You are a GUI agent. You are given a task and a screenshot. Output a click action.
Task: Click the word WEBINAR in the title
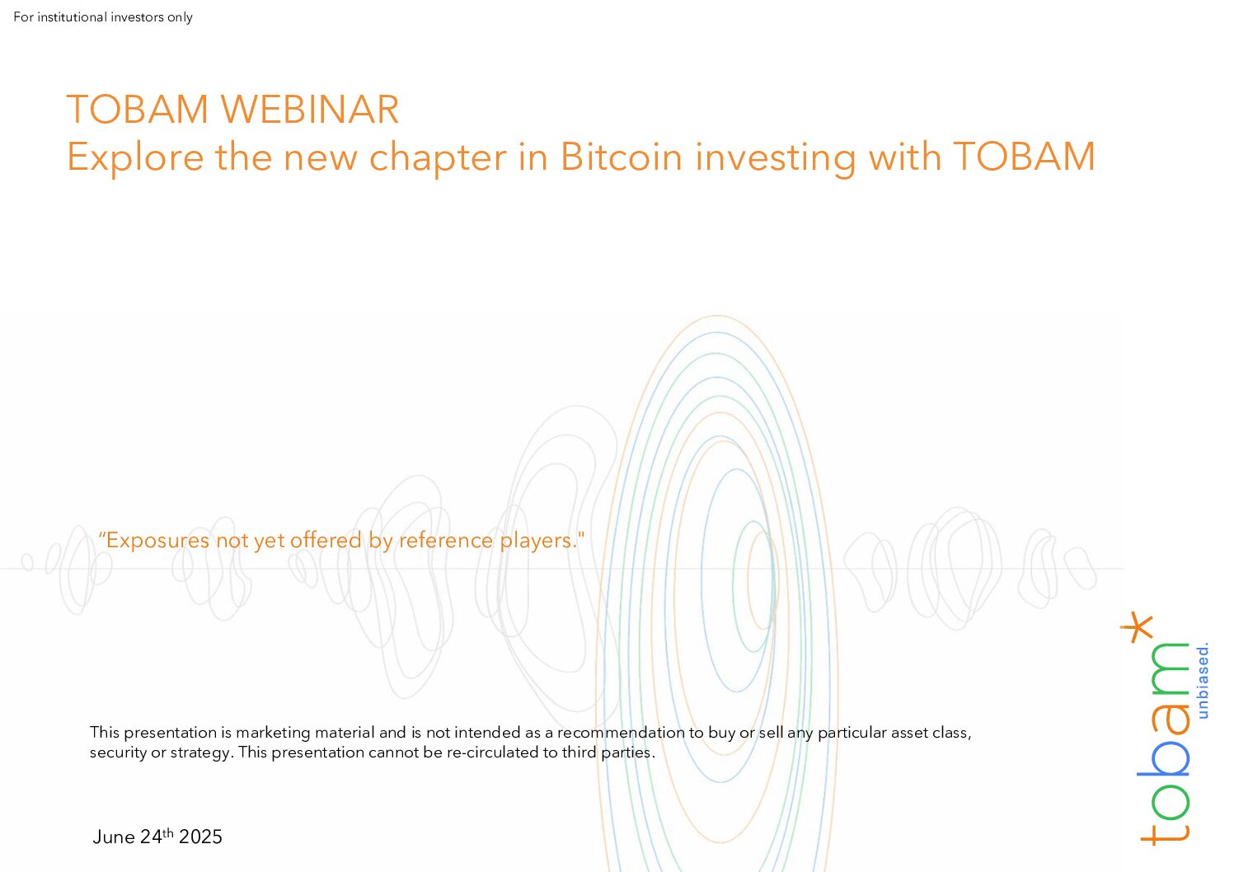tap(310, 109)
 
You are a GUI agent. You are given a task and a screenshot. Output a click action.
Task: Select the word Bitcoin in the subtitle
tap(622, 157)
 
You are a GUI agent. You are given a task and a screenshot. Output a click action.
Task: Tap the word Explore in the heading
tap(135, 157)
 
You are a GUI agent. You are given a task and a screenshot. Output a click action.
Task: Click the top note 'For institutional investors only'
tap(103, 17)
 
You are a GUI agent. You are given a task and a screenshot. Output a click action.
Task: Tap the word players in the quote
tap(538, 541)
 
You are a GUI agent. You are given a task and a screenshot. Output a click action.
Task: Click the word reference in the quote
tap(446, 540)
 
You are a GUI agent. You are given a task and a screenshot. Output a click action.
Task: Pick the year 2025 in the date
tap(200, 837)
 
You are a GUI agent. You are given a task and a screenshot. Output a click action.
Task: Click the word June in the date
tap(114, 837)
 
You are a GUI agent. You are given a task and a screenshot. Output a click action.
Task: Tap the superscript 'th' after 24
tap(168, 832)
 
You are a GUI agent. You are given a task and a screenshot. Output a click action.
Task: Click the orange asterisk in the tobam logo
tap(1137, 627)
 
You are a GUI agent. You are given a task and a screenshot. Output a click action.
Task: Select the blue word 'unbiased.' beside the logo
tap(1203, 680)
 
